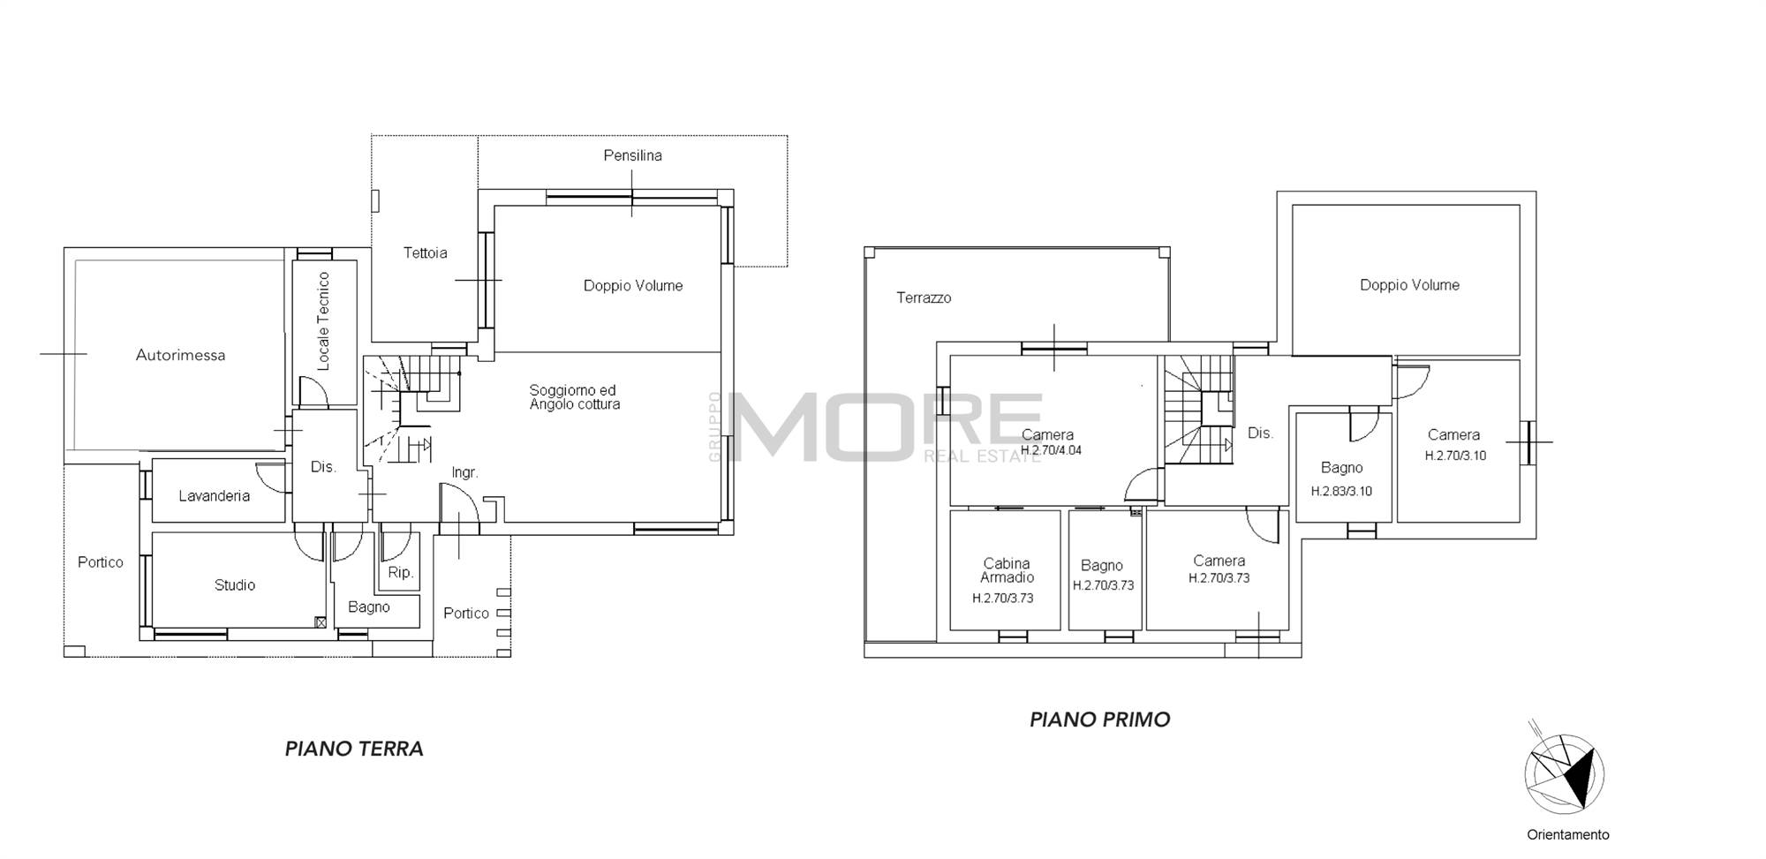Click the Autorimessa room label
point(180,356)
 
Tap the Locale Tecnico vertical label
point(323,320)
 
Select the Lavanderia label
point(214,496)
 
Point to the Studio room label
point(235,585)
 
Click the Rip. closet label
point(401,573)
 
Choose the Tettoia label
point(425,253)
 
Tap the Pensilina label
point(632,155)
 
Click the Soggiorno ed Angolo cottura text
point(575,397)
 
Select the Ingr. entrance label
point(464,473)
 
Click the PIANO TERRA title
point(354,749)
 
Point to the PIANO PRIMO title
point(1100,720)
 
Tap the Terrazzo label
point(924,298)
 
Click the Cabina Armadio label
point(1007,570)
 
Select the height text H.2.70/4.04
point(1051,450)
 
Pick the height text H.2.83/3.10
point(1341,492)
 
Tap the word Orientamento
point(1568,834)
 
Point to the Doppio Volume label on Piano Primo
point(1409,285)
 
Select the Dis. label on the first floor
point(1260,433)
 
